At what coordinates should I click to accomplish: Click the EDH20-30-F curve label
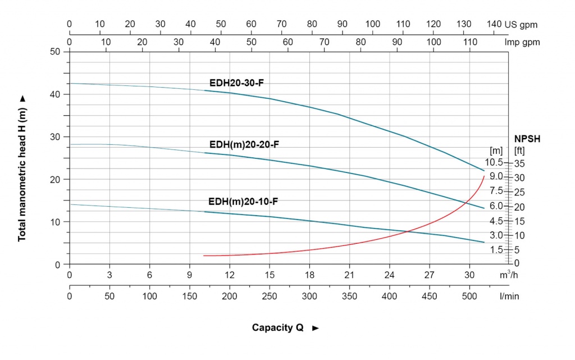236,83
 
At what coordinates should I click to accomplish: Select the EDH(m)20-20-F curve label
244,144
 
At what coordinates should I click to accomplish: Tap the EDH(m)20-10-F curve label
243,202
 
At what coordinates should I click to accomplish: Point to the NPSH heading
527,139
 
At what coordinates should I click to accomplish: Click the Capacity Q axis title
277,327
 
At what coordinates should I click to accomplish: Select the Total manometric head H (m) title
22,175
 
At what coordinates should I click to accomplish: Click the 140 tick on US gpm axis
494,24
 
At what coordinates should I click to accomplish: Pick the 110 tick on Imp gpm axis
470,42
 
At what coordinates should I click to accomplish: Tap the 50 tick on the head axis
55,52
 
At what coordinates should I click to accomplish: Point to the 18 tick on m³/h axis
309,275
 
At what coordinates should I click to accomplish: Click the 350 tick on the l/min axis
349,296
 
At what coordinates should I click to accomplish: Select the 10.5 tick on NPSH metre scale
494,162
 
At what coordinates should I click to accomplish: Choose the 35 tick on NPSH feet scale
519,163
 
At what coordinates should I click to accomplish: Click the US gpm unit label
521,25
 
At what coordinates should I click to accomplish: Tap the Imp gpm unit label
522,43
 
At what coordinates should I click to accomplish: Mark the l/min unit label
509,296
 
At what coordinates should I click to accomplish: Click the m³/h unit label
509,275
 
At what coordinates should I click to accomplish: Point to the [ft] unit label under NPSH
519,151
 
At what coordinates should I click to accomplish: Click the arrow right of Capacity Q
316,328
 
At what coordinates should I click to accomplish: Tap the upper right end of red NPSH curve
484,176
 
